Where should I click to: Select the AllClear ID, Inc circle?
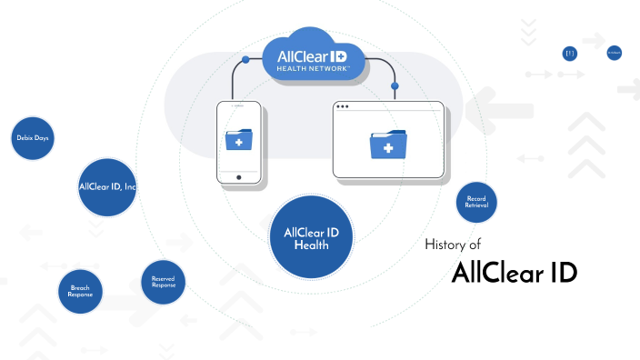pos(107,187)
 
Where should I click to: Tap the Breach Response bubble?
pos(80,292)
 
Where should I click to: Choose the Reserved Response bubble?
pos(163,283)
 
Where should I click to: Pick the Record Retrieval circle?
pos(476,202)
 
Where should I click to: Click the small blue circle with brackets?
pos(570,54)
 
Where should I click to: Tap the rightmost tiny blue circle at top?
pos(614,54)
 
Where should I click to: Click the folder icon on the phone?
pos(238,142)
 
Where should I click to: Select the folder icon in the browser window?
pos(388,145)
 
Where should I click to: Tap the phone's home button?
pos(238,177)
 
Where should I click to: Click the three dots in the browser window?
pos(343,107)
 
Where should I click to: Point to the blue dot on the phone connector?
pos(245,60)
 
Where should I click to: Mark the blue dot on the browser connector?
pos(394,87)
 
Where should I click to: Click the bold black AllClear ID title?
pos(514,273)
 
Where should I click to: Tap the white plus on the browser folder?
pos(388,147)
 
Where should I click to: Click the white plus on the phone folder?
pos(238,144)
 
